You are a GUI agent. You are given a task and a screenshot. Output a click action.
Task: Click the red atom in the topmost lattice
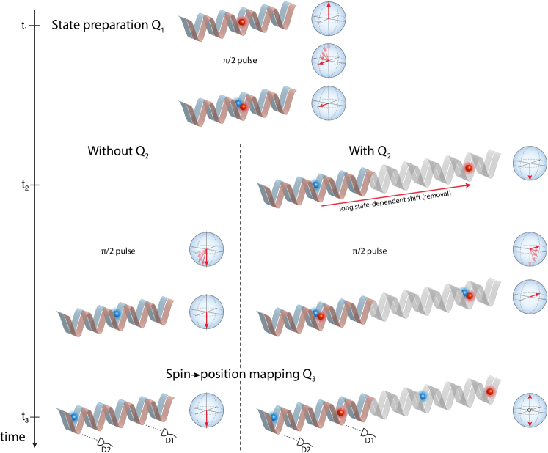[x=242, y=22]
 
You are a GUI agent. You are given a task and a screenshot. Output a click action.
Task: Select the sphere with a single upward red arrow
[x=328, y=19]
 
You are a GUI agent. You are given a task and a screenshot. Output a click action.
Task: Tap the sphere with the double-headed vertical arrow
[x=529, y=410]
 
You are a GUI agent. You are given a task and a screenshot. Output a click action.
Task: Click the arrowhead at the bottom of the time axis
[x=34, y=444]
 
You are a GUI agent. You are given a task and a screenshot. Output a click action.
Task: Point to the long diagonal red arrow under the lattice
[x=396, y=196]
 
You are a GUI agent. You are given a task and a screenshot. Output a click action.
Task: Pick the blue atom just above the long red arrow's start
[x=315, y=184]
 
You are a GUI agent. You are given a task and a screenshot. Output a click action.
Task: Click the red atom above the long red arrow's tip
[x=469, y=168]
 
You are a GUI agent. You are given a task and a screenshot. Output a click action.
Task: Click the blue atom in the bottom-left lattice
[x=73, y=416]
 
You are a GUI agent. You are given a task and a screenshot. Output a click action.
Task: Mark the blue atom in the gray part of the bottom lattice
[x=423, y=396]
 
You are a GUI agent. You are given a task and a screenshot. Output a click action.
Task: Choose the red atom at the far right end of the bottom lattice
[x=490, y=391]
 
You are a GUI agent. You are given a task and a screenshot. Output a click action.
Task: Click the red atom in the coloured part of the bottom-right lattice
[x=341, y=413]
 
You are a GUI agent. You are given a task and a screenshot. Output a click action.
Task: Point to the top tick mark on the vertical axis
[x=34, y=26]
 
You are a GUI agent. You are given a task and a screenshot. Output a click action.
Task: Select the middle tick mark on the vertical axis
[x=34, y=185]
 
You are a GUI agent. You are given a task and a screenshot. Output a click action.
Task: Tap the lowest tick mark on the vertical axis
[x=34, y=416]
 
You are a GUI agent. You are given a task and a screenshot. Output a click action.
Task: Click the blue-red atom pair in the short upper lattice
[x=241, y=105]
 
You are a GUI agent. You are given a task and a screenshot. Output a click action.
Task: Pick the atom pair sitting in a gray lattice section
[x=467, y=295]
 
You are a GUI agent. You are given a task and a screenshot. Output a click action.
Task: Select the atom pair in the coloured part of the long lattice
[x=318, y=314]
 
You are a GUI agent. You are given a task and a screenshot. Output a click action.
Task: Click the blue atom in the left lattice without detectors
[x=116, y=313]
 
